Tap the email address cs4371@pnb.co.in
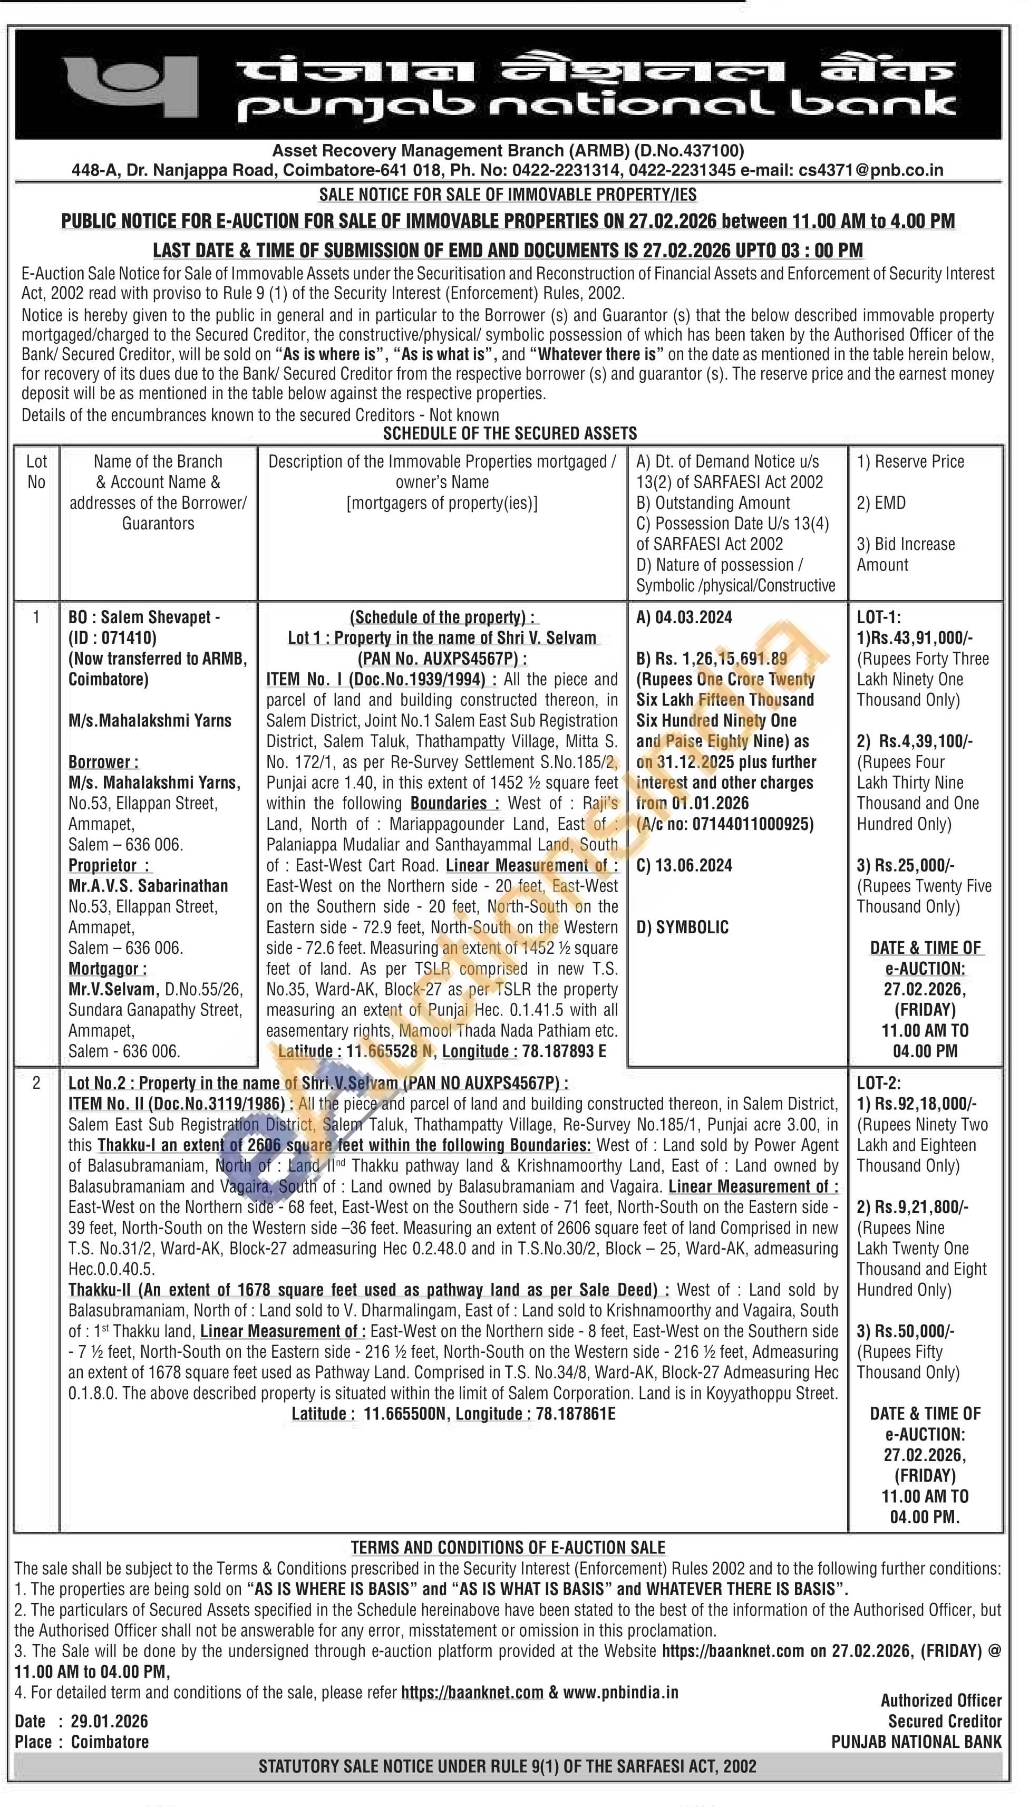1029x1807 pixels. tap(871, 170)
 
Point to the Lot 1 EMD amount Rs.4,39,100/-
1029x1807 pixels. tap(926, 741)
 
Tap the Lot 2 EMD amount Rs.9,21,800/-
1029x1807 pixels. tap(917, 1207)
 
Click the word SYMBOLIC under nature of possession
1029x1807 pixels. tap(692, 927)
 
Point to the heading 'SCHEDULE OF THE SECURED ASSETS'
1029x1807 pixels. tap(510, 433)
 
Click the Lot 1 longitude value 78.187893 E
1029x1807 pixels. tap(564, 1051)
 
